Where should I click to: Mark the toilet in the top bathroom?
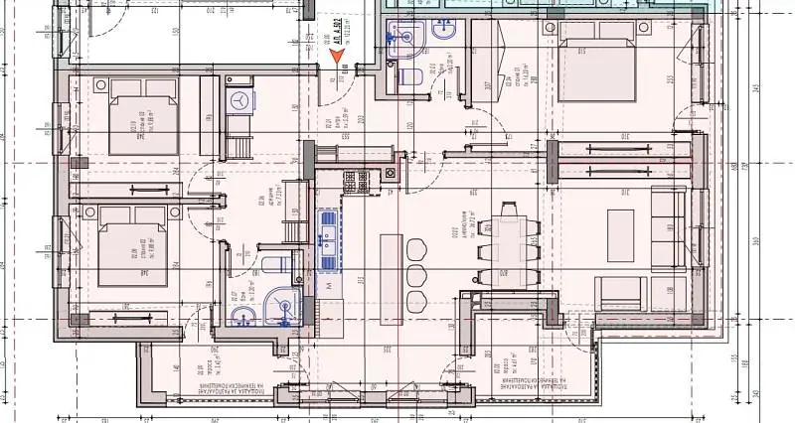pyautogui.click(x=408, y=77)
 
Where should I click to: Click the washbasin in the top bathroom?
pyautogui.click(x=401, y=35)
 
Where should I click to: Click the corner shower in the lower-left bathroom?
pyautogui.click(x=286, y=305)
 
